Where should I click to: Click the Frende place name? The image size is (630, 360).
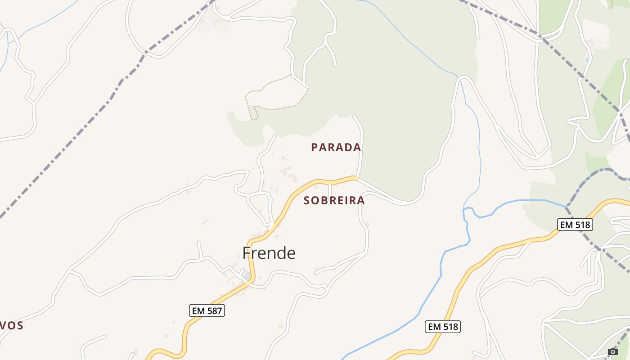(x=269, y=253)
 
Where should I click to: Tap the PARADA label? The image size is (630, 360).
(x=336, y=147)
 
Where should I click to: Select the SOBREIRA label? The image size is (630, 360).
(x=334, y=201)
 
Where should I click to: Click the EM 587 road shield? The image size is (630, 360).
(x=207, y=310)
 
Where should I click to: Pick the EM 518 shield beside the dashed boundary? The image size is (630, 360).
(x=575, y=225)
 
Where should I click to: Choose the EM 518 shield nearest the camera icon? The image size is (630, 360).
(x=442, y=327)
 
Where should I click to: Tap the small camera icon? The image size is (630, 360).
(x=612, y=351)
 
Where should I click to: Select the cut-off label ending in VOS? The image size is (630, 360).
(x=11, y=326)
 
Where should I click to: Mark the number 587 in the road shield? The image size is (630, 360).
(x=213, y=310)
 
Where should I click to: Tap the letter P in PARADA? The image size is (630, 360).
(x=315, y=147)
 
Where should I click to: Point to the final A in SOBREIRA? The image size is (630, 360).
(x=361, y=201)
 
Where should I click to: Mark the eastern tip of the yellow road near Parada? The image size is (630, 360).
(x=355, y=178)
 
